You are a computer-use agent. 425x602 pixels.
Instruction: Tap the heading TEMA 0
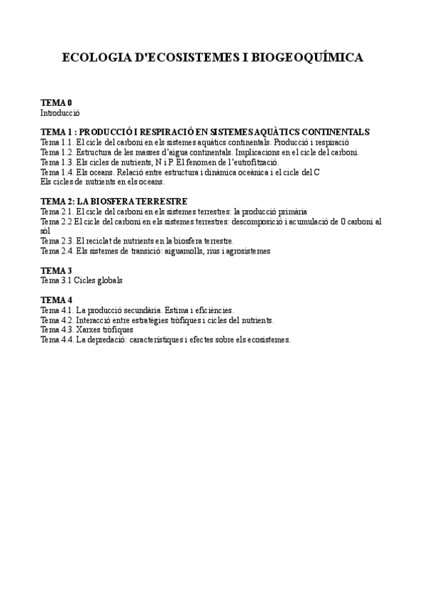[x=56, y=103]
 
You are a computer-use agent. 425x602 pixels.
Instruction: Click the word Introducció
[x=60, y=112]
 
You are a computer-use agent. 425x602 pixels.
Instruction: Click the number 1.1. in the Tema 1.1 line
[x=65, y=142]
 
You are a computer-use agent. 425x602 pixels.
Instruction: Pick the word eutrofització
[x=253, y=162]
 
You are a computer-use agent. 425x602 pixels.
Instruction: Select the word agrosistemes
[x=246, y=251]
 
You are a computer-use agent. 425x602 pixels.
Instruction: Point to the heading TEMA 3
[x=56, y=270]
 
